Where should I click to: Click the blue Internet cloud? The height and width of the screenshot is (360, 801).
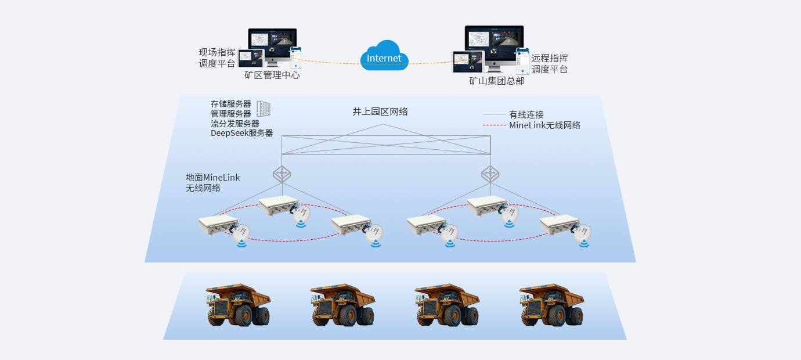pyautogui.click(x=384, y=57)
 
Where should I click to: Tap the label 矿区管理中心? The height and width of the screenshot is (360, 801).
pyautogui.click(x=272, y=75)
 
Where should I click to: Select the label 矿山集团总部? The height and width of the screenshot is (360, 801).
pyautogui.click(x=496, y=81)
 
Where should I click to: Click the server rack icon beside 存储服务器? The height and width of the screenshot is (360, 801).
pyautogui.click(x=264, y=109)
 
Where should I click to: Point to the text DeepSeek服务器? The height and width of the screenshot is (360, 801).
pyautogui.click(x=241, y=133)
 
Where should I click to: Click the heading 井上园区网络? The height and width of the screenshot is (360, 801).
pyautogui.click(x=380, y=112)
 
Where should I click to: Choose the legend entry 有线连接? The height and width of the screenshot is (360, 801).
pyautogui.click(x=526, y=114)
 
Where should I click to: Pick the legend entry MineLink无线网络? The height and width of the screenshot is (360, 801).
pyautogui.click(x=544, y=125)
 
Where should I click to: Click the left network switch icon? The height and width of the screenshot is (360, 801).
pyautogui.click(x=282, y=174)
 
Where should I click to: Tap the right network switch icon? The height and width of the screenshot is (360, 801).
pyautogui.click(x=490, y=174)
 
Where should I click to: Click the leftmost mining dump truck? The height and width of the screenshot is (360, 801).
pyautogui.click(x=238, y=305)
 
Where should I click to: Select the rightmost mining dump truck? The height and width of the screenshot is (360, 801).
pyautogui.click(x=551, y=305)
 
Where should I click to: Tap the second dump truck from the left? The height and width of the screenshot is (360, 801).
pyautogui.click(x=342, y=305)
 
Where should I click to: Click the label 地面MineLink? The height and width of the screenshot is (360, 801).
pyautogui.click(x=212, y=178)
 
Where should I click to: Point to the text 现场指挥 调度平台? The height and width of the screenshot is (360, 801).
pyautogui.click(x=217, y=58)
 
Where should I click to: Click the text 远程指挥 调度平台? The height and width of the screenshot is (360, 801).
pyautogui.click(x=549, y=64)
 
